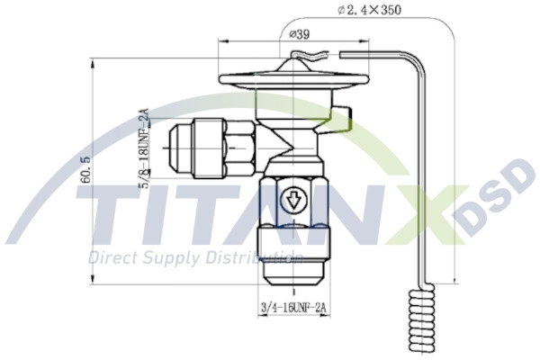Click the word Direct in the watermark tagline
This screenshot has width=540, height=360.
click(x=112, y=257)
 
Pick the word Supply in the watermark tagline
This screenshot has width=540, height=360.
click(x=175, y=258)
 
